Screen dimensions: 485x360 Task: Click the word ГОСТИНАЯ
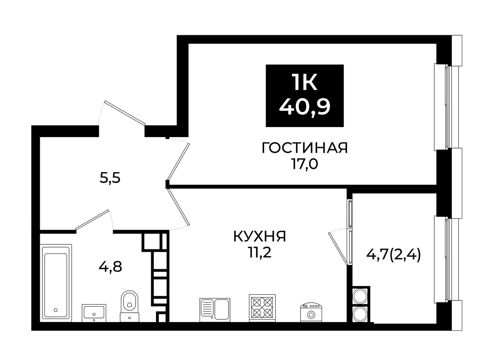pos(304,148)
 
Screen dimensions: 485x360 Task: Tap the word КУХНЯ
pos(260,236)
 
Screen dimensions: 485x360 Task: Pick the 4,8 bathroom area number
pos(110,267)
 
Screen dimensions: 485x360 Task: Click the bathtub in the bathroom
pos(56,283)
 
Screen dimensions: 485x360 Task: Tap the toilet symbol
pos(130,306)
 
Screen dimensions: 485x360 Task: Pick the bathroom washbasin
pos(94,313)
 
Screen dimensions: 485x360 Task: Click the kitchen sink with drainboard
pos(215,310)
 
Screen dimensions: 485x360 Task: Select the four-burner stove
pos(262,308)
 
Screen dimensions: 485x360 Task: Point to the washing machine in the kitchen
pos(311,312)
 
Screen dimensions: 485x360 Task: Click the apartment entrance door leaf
pos(125,113)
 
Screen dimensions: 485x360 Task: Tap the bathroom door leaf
pos(92,219)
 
